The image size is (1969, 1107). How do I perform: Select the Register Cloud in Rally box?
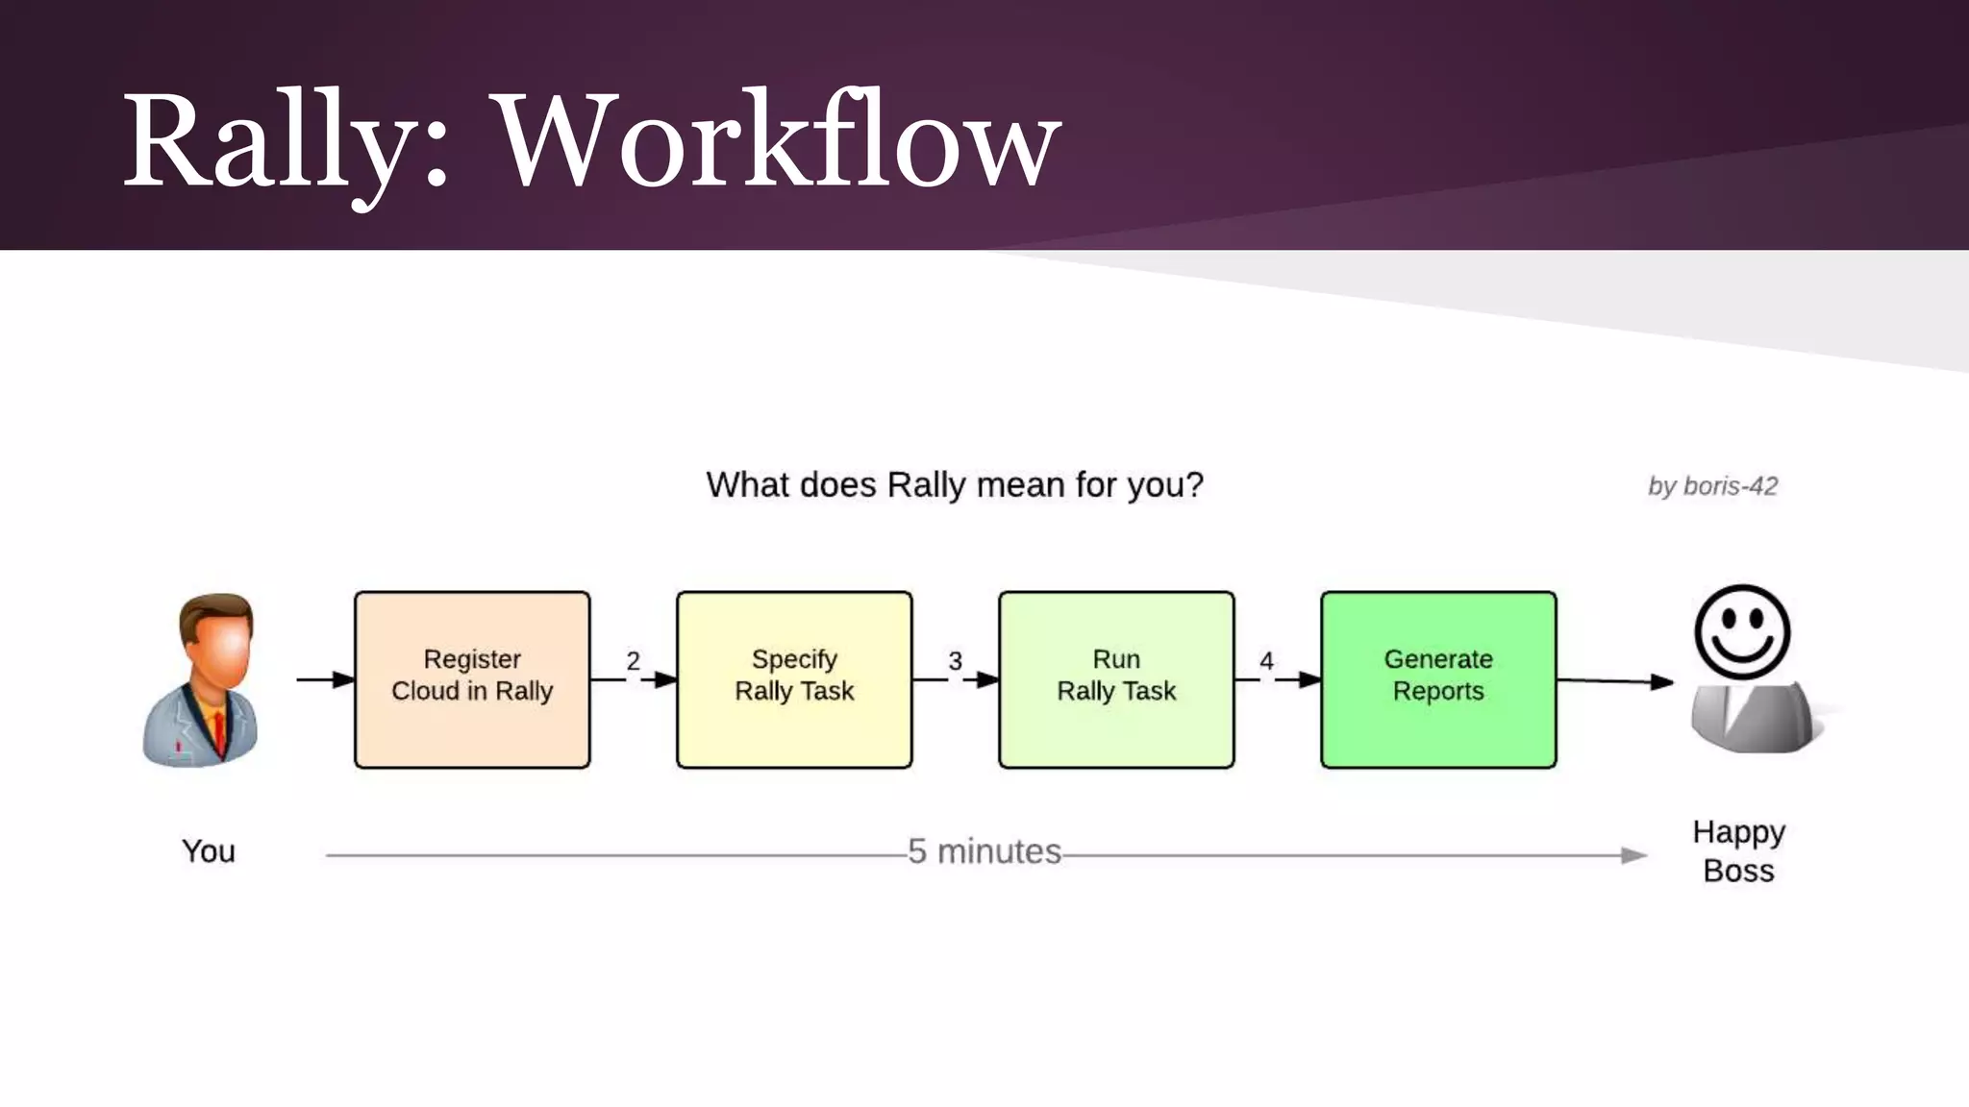[x=472, y=679]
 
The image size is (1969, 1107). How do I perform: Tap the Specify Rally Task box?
[x=794, y=679]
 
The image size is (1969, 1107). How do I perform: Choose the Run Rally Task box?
[x=1116, y=679]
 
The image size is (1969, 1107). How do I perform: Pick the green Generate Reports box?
[x=1438, y=679]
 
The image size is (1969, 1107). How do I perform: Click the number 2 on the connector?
[x=633, y=661]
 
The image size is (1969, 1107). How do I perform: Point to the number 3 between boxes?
[x=955, y=661]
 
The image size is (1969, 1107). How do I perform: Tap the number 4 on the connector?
[x=1266, y=661]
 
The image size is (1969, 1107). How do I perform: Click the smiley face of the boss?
[x=1741, y=632]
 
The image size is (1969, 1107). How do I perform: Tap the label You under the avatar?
[x=209, y=851]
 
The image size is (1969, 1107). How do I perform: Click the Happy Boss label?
[x=1738, y=851]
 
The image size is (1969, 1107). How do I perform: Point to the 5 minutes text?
[x=984, y=851]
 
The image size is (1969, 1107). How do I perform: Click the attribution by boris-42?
[x=1712, y=486]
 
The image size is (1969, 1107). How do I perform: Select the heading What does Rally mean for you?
[x=955, y=485]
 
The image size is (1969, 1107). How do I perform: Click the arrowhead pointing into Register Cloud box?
[x=343, y=679]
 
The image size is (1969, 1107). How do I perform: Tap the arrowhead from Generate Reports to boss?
[x=1661, y=682]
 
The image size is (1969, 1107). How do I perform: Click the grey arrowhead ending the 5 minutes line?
[x=1633, y=855]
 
